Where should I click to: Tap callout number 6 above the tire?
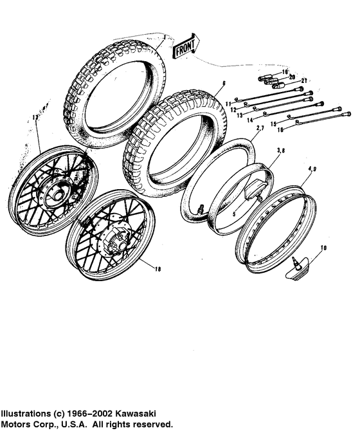click(x=224, y=84)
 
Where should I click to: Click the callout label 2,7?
click(x=259, y=129)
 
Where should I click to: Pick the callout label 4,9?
click(x=311, y=169)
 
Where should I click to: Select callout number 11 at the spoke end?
click(x=228, y=103)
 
